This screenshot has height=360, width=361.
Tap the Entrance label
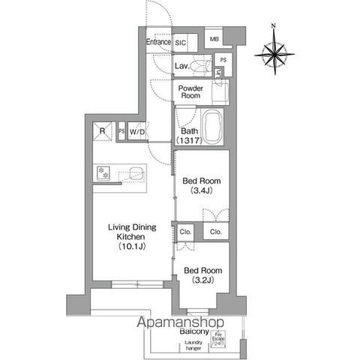pyautogui.click(x=158, y=43)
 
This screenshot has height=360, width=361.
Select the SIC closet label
pyautogui.click(x=181, y=43)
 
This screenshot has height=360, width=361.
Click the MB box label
pyautogui.click(x=214, y=39)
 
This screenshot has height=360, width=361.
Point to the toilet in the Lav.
pyautogui.click(x=197, y=67)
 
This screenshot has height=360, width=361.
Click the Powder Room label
pyautogui.click(x=191, y=91)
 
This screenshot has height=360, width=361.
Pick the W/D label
pyautogui.click(x=137, y=133)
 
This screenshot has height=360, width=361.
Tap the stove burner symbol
pyautogui.click(x=103, y=173)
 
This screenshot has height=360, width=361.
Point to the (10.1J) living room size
pyautogui.click(x=130, y=245)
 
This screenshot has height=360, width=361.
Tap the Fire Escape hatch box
pyautogui.click(x=218, y=338)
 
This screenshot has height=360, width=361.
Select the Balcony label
pyautogui.click(x=194, y=331)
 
